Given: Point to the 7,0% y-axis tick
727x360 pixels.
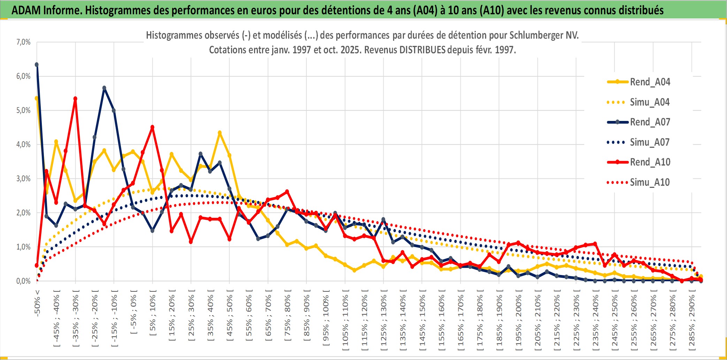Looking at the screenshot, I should (x=23, y=42).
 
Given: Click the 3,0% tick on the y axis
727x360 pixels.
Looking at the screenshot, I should (x=23, y=179).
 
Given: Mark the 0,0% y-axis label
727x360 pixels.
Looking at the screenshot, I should (x=23, y=281).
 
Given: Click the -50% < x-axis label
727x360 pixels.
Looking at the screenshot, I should (x=37, y=303).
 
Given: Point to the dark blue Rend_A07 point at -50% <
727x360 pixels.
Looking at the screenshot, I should (x=37, y=65).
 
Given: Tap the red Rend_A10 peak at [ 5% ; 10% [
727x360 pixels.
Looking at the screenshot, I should (x=152, y=128).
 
